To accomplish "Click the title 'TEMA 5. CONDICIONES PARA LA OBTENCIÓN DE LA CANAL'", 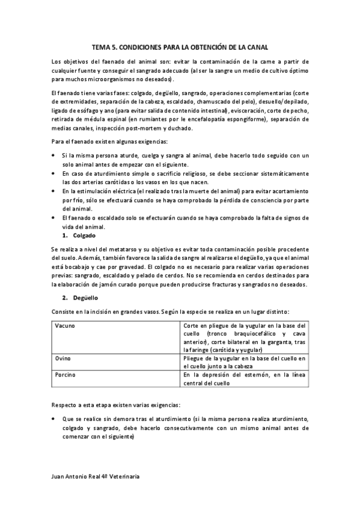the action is point(180,46).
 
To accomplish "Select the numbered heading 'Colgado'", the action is point(85,236).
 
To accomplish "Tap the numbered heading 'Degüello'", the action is point(86,298).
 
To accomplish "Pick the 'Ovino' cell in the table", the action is point(63,358).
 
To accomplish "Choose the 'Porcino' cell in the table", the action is point(65,374).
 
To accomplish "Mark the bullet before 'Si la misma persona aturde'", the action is point(53,156).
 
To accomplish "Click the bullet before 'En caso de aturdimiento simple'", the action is point(53,173).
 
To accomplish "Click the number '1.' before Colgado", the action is point(66,236).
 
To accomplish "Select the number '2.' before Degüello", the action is point(66,298).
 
